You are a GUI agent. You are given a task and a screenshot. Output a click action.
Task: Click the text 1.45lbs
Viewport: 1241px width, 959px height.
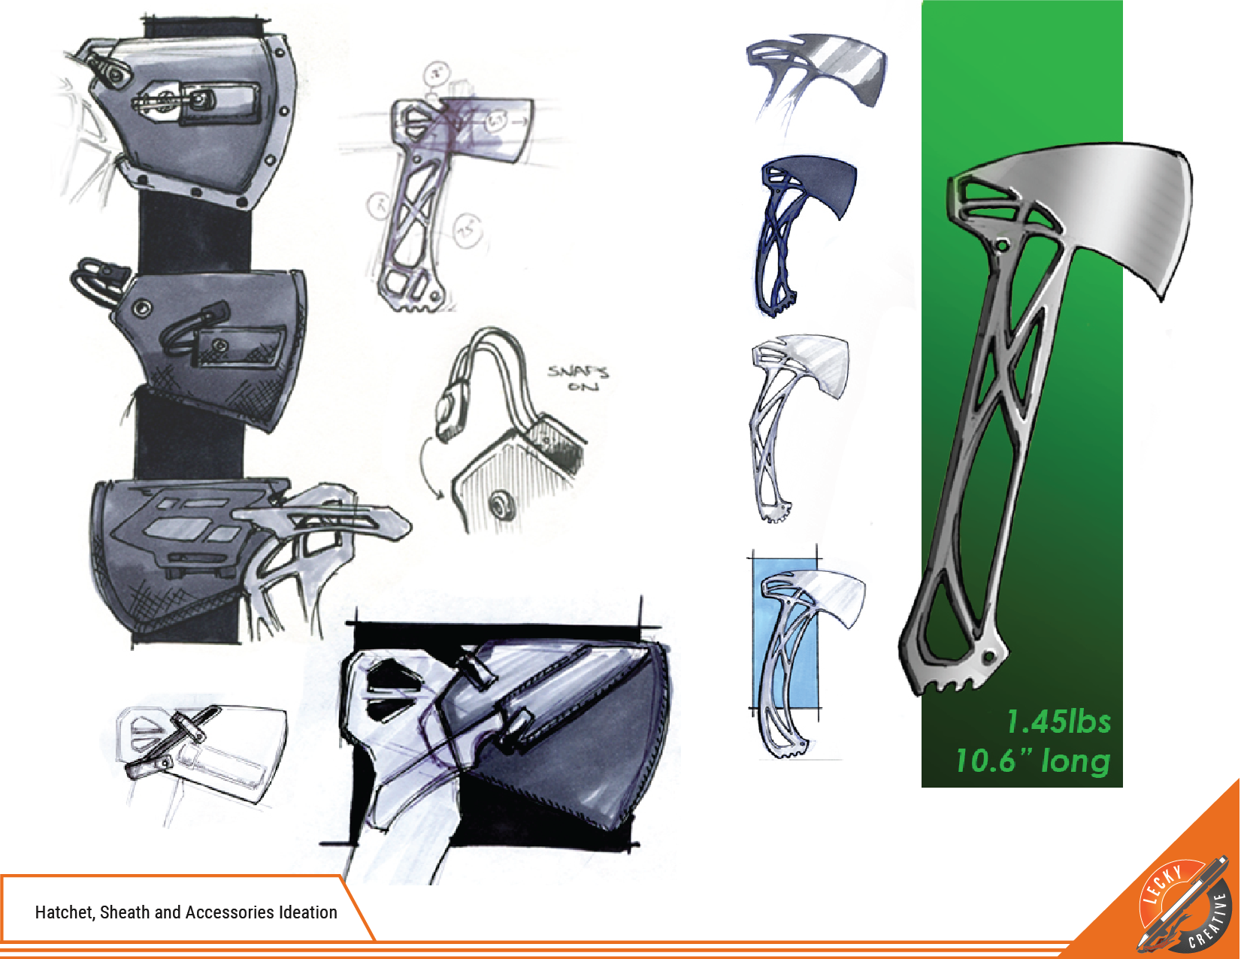pos(1058,722)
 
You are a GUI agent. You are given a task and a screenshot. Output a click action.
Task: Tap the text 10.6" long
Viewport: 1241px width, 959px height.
pos(1033,761)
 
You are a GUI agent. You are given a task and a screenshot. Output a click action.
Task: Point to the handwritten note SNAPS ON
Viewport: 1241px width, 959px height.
pos(577,378)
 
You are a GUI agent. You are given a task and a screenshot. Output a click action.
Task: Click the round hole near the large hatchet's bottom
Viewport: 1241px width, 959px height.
pos(990,658)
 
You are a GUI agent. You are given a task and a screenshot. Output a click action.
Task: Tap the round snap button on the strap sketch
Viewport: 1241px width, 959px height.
pos(499,504)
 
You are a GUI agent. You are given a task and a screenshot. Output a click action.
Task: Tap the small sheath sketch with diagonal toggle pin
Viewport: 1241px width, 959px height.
pos(199,744)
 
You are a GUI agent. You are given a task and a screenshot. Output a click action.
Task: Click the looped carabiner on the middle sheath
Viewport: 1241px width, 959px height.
pos(94,278)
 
